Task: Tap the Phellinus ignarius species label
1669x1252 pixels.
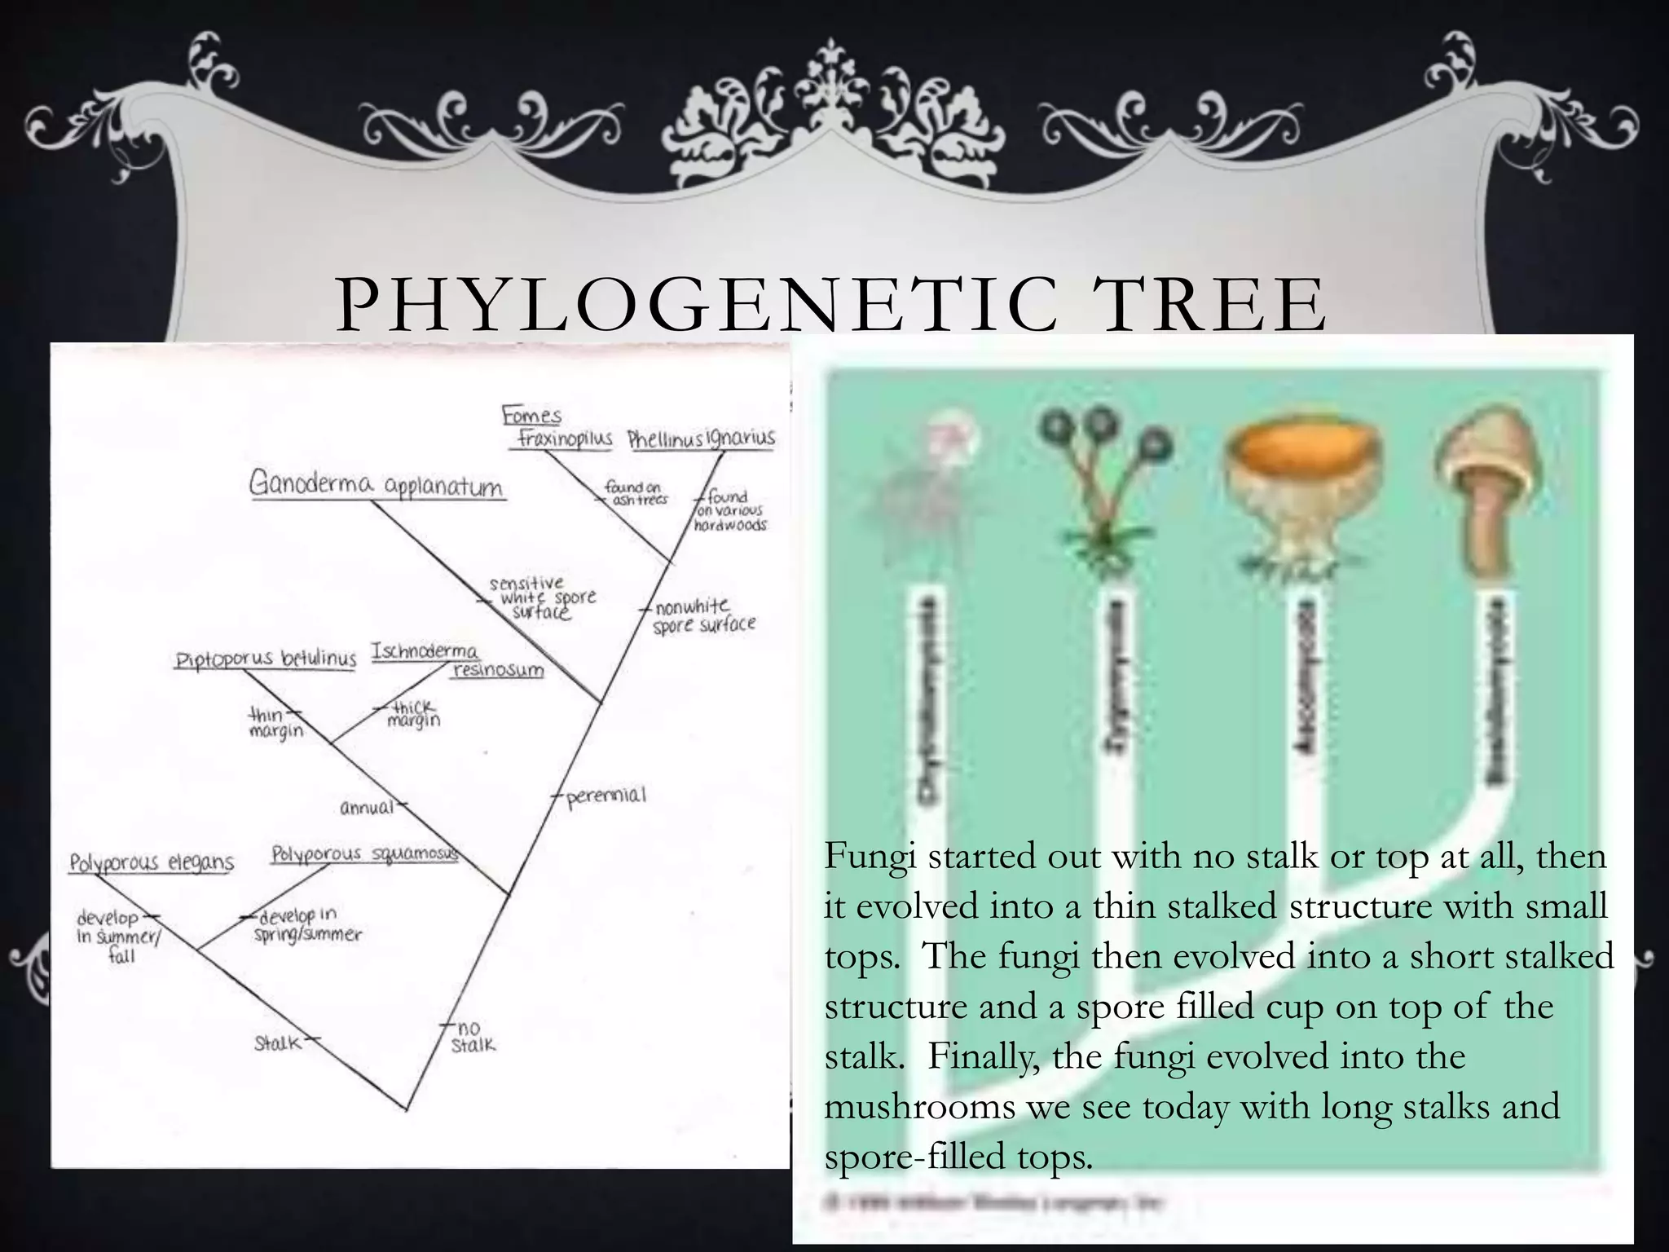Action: [x=701, y=439]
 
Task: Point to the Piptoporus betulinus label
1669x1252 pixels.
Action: [x=266, y=659]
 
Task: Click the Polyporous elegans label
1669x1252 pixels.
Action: [x=152, y=862]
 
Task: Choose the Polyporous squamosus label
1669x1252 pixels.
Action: [x=364, y=853]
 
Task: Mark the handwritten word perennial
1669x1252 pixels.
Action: [x=606, y=795]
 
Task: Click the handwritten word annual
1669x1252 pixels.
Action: [x=367, y=808]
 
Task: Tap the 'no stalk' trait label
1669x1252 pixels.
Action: [x=472, y=1037]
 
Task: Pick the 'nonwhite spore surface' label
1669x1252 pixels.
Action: [x=702, y=615]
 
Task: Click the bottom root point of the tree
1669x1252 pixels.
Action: [x=407, y=1109]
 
